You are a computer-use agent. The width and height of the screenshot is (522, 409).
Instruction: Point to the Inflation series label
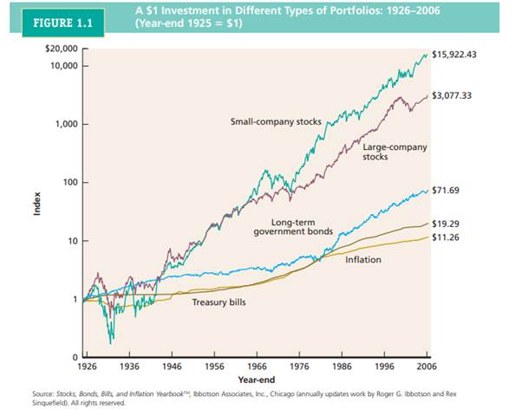pyautogui.click(x=362, y=259)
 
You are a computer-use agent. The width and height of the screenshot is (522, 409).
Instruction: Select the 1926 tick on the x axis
pyautogui.click(x=88, y=367)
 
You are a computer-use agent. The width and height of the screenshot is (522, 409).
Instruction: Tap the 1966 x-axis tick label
pyautogui.click(x=259, y=367)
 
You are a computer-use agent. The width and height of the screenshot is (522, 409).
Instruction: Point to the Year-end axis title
pyautogui.click(x=258, y=380)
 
